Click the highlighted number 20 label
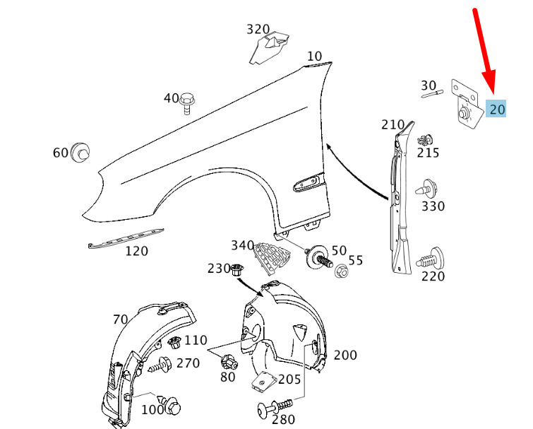pyautogui.click(x=496, y=109)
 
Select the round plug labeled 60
pyautogui.click(x=80, y=153)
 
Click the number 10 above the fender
pyautogui.click(x=314, y=56)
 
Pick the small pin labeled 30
pyautogui.click(x=432, y=94)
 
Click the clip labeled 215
pyautogui.click(x=425, y=140)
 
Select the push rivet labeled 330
pyautogui.click(x=426, y=189)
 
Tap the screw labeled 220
pyautogui.click(x=430, y=259)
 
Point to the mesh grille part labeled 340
pyautogui.click(x=272, y=257)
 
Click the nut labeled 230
pyautogui.click(x=236, y=270)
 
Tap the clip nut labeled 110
pyautogui.click(x=174, y=343)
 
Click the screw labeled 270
pyautogui.click(x=160, y=365)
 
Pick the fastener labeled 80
pyautogui.click(x=229, y=363)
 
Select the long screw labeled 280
pyautogui.click(x=275, y=407)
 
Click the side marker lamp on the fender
pyautogui.click(x=309, y=182)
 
